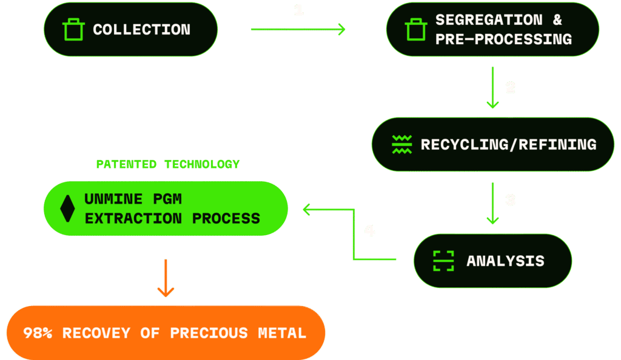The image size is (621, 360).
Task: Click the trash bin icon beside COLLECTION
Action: (x=73, y=30)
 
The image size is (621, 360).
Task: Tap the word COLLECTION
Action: (x=141, y=30)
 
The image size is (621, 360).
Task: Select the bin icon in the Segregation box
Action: (x=416, y=30)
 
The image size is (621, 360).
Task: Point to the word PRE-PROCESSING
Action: (x=503, y=39)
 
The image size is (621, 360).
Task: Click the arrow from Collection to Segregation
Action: (x=298, y=29)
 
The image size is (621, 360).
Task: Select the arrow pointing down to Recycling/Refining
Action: (x=492, y=88)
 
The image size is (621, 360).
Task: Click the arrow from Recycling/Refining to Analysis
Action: (x=492, y=204)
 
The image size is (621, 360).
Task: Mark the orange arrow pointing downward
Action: (x=165, y=278)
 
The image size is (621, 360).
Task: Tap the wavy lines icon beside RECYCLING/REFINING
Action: (x=401, y=144)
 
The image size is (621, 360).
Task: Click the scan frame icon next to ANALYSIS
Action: (x=443, y=261)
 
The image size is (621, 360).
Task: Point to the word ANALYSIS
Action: (x=505, y=261)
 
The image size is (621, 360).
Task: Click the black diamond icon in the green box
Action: (x=67, y=208)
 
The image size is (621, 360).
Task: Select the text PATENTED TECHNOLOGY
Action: (x=168, y=164)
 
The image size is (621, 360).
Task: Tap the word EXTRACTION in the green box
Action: (x=133, y=218)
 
